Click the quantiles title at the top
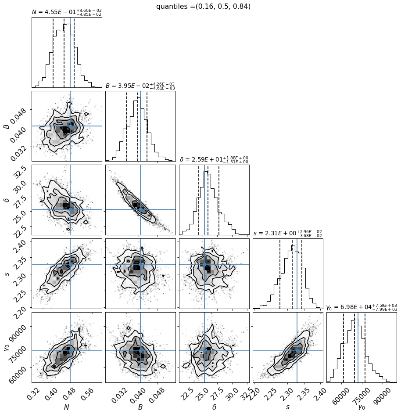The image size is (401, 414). point(203,6)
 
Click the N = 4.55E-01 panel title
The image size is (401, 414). point(67,12)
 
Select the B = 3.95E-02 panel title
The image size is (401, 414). point(140,86)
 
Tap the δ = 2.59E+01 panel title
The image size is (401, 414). point(214,160)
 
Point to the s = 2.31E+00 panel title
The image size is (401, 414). point(288,234)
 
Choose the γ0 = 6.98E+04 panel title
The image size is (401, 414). point(362,307)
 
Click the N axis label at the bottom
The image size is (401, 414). point(67,407)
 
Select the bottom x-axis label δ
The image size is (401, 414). point(214,407)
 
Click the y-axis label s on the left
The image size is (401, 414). point(7,274)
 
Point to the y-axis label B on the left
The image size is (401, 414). point(7,126)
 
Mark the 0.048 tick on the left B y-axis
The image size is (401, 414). point(19,115)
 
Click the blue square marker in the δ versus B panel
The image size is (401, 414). point(140,209)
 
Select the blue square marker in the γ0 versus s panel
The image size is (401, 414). point(297,351)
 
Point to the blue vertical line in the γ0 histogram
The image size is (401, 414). point(358,347)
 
